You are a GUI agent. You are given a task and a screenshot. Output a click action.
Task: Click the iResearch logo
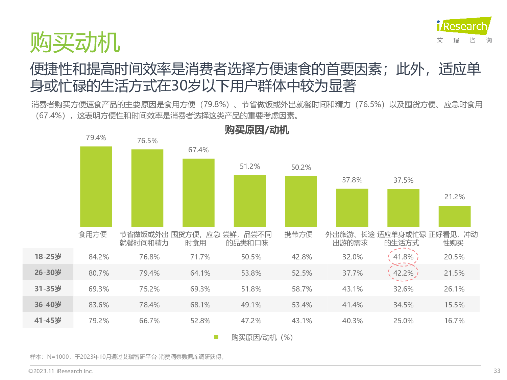pyautogui.click(x=464, y=26)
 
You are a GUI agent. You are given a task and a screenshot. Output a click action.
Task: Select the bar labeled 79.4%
pyautogui.click(x=96, y=186)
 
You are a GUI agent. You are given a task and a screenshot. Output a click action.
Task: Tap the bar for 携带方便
pyautogui.click(x=301, y=201)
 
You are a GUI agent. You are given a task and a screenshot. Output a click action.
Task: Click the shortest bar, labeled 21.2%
pyautogui.click(x=454, y=216)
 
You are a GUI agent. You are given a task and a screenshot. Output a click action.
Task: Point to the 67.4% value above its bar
pyautogui.click(x=198, y=150)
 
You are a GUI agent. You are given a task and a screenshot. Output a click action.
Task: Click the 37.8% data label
pyautogui.click(x=352, y=180)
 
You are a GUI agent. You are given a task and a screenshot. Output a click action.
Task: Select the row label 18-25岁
pyautogui.click(x=48, y=257)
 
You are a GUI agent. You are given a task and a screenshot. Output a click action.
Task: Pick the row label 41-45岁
pyautogui.click(x=48, y=321)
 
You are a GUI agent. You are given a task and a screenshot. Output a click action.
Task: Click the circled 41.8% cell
pyautogui.click(x=403, y=257)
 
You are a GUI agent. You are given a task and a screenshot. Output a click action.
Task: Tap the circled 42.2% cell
pyautogui.click(x=403, y=273)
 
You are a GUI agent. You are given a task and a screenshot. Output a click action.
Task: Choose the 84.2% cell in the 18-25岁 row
pyautogui.click(x=99, y=257)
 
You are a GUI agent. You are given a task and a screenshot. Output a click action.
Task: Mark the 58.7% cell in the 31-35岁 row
pyautogui.click(x=302, y=289)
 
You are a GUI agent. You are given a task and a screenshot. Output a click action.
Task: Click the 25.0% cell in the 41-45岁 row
pyautogui.click(x=403, y=321)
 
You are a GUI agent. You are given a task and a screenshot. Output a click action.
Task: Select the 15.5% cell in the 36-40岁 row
pyautogui.click(x=454, y=305)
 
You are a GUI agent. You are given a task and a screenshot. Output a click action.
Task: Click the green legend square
pyautogui.click(x=216, y=337)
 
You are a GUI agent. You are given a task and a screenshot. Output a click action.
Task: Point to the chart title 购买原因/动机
pyautogui.click(x=257, y=130)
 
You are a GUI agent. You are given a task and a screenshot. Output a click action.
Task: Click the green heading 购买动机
pyautogui.click(x=75, y=43)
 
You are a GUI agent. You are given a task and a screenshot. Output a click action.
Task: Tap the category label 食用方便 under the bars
pyautogui.click(x=92, y=234)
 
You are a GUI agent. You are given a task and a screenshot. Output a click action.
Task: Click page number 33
pyautogui.click(x=497, y=371)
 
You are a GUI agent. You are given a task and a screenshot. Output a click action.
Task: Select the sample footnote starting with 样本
pyautogui.click(x=127, y=357)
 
